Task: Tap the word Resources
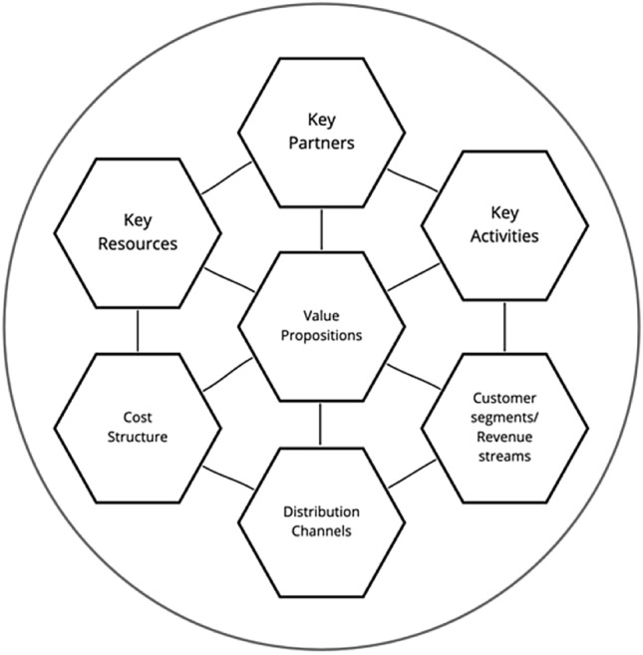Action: point(138,243)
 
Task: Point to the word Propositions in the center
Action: point(321,336)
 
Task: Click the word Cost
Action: point(138,418)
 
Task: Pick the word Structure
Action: point(138,437)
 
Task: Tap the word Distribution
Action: point(321,512)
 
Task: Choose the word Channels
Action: point(321,531)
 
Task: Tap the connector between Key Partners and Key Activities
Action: point(412,180)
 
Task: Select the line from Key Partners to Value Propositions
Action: point(321,232)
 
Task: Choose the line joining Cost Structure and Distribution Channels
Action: point(228,477)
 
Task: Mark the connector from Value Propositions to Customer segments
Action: point(412,380)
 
